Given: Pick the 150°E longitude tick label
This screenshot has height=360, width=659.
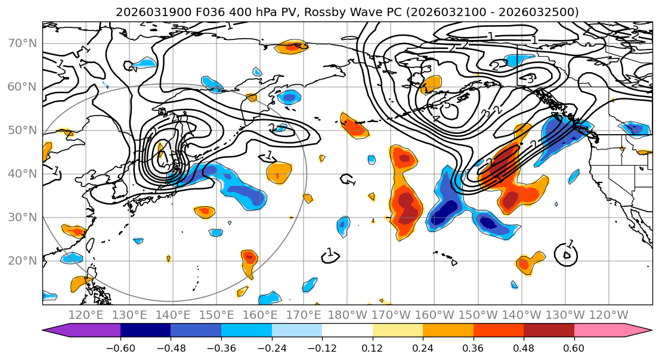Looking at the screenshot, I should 216,315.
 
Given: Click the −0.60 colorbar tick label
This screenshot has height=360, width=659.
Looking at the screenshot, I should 120,347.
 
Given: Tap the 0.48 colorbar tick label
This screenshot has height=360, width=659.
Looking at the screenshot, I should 523,347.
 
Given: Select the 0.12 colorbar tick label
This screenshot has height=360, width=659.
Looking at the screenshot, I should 372,347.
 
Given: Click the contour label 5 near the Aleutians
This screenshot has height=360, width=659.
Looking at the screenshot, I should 447,105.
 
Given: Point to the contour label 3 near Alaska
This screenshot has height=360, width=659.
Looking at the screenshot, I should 530,79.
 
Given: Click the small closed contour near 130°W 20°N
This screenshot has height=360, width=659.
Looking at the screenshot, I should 566,255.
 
